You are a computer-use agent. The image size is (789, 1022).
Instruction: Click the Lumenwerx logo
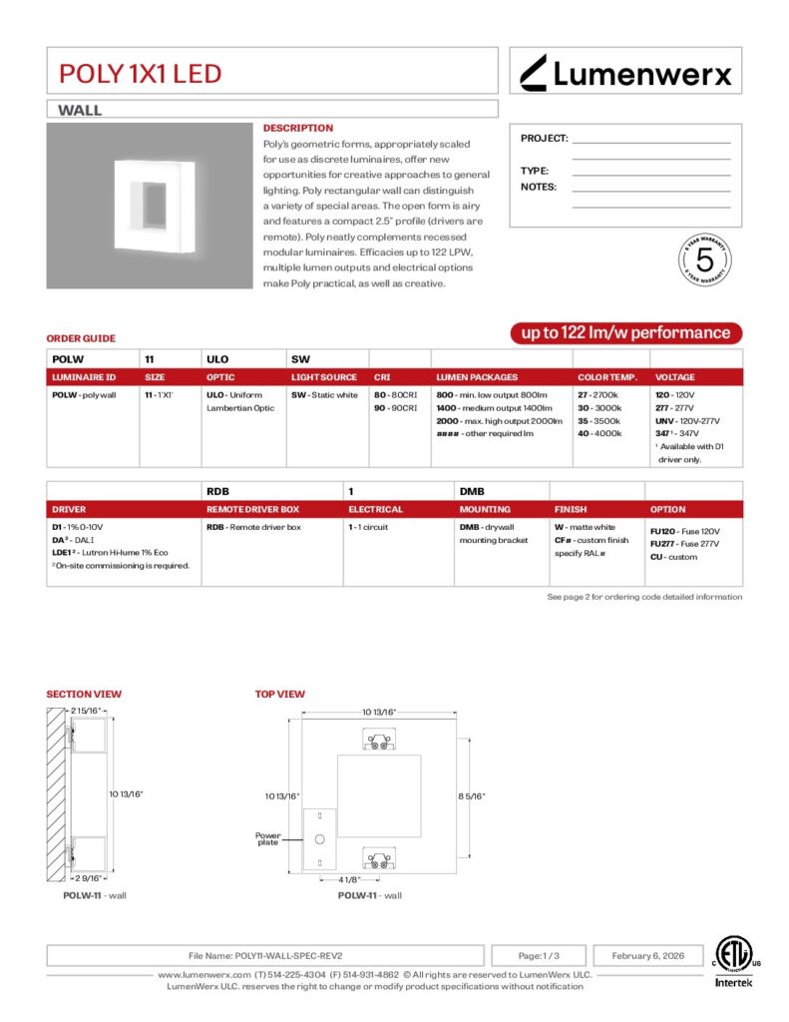click(626, 72)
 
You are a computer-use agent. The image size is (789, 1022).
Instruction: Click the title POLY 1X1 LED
click(140, 73)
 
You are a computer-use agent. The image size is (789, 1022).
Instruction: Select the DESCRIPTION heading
click(297, 128)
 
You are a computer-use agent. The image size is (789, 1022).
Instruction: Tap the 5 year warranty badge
click(705, 259)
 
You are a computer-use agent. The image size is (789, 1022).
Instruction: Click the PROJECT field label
click(544, 139)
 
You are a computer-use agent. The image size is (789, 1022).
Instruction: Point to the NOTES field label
click(539, 187)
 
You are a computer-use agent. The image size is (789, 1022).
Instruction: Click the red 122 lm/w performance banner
click(625, 333)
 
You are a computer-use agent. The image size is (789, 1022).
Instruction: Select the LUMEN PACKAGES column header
click(477, 377)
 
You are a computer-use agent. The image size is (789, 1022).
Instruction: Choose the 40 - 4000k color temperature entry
click(599, 434)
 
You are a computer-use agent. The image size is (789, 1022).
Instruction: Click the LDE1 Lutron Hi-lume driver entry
click(110, 552)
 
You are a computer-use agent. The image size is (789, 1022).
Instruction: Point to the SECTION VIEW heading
click(84, 694)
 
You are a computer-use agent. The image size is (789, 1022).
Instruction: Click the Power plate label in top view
click(268, 838)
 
